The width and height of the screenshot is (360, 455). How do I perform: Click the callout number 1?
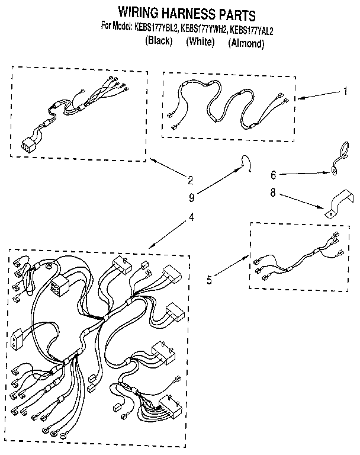(x=345, y=92)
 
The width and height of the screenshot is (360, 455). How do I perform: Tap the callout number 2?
(x=190, y=180)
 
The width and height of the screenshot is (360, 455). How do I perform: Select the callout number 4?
(x=191, y=217)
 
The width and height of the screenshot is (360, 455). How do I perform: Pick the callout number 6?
(x=273, y=175)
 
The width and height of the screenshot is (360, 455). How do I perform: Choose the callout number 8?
(x=273, y=192)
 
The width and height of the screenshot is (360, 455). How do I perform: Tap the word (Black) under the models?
(x=158, y=41)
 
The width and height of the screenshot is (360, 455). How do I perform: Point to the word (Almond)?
(x=246, y=43)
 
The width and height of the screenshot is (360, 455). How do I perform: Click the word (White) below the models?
(x=200, y=41)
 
